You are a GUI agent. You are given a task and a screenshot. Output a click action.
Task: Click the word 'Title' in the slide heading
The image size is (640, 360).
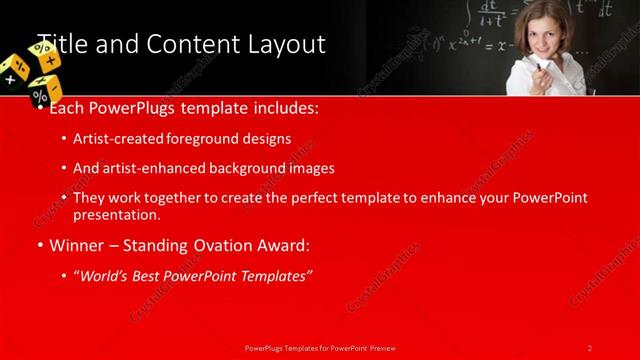tap(58, 44)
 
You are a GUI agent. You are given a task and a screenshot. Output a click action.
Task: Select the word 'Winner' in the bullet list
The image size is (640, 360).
tap(77, 245)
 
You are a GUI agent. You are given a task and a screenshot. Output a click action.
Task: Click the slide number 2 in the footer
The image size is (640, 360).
tap(590, 347)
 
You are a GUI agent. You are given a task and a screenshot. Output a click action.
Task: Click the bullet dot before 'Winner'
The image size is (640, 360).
tap(40, 245)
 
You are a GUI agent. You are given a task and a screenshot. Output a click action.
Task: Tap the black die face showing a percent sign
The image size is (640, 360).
tap(41, 95)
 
